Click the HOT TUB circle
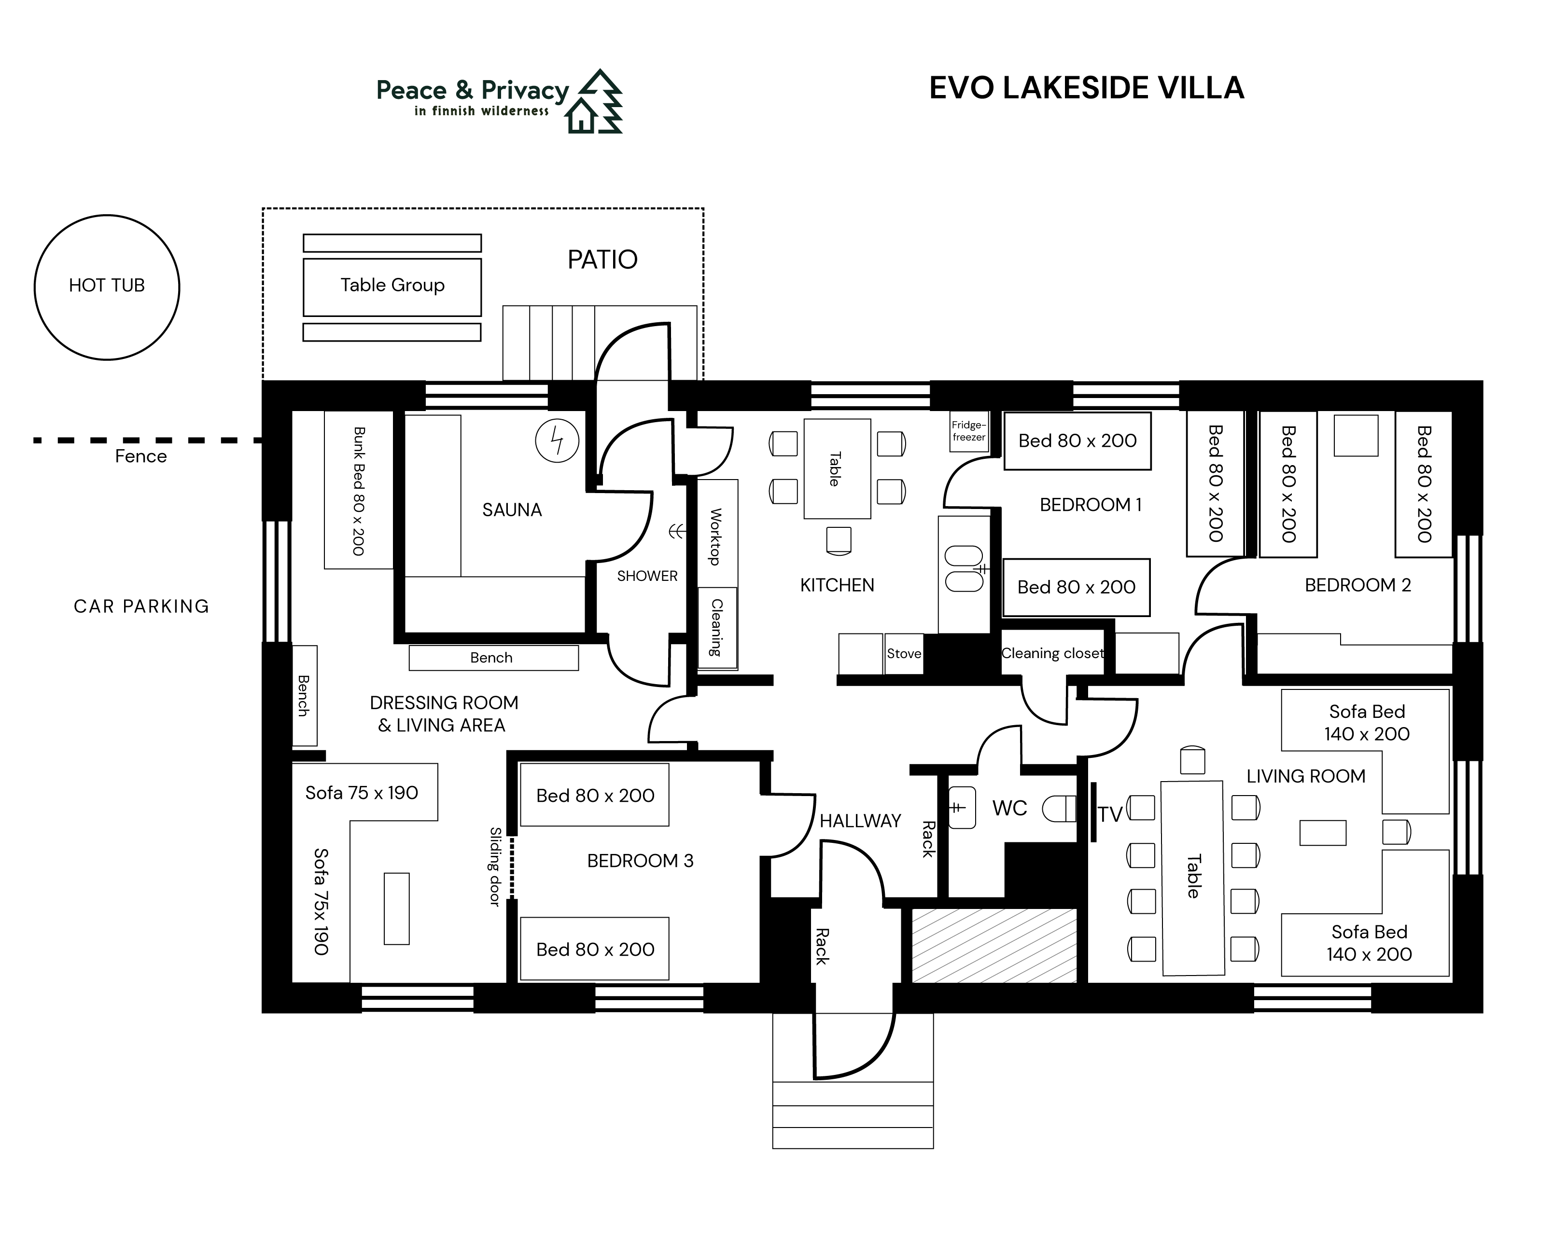pos(107,287)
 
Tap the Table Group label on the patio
pos(392,285)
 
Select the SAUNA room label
pos(512,509)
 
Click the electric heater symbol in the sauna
pos(557,440)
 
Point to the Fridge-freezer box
pos(969,431)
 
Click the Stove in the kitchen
pos(904,653)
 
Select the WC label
pos(1009,808)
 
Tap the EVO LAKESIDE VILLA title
pos(1086,88)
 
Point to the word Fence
pos(140,456)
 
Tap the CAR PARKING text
pos(141,606)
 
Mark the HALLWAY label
pos(860,821)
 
